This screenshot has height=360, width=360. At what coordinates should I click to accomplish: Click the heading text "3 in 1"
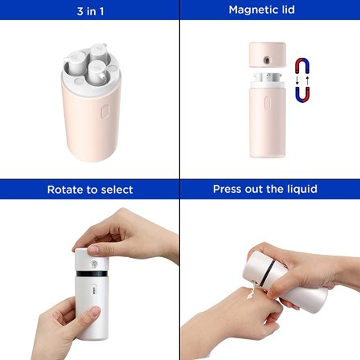click(x=90, y=11)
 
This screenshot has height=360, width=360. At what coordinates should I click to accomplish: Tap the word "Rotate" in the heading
click(x=65, y=190)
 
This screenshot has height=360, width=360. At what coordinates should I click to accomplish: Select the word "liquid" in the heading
click(x=302, y=189)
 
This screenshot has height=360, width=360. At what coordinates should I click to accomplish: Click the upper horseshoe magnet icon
click(x=302, y=66)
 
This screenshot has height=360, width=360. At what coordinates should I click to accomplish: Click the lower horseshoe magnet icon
click(x=302, y=94)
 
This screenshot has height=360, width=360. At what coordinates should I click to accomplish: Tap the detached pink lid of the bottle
click(x=268, y=55)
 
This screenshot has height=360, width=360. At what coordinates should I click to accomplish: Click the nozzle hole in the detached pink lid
click(x=267, y=60)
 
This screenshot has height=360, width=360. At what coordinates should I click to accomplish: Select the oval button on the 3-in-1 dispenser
click(x=104, y=112)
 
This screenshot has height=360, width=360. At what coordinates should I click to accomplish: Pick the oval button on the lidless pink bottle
click(x=267, y=103)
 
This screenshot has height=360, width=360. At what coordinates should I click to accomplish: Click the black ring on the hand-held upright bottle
click(x=92, y=274)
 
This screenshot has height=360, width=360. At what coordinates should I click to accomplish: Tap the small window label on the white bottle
click(x=94, y=290)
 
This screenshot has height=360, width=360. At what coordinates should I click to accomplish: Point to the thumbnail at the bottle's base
click(x=95, y=312)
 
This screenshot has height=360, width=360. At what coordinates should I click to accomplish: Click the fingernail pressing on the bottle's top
click(x=93, y=250)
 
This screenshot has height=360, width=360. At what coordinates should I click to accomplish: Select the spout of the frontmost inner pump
click(x=102, y=76)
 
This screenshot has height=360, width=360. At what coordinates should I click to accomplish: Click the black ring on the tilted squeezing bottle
click(x=268, y=273)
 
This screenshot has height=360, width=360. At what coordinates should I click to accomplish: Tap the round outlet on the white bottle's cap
click(x=94, y=264)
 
